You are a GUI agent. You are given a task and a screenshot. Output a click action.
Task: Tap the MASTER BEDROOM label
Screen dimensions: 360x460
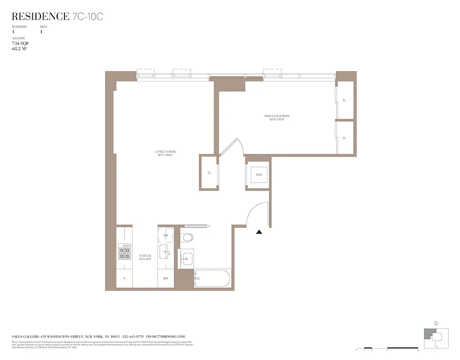tap(277, 117)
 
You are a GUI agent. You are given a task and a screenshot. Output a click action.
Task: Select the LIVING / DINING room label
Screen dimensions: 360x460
tap(164, 153)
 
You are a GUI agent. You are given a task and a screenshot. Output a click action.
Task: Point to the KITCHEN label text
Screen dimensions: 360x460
tap(145, 257)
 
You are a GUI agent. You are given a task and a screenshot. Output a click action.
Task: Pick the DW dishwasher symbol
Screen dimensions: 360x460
tap(165, 235)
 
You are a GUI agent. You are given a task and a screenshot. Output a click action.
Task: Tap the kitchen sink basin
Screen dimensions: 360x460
tap(165, 252)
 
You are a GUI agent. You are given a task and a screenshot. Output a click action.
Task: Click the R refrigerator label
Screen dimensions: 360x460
tap(124, 279)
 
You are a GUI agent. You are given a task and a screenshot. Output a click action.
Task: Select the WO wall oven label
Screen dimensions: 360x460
tap(165, 279)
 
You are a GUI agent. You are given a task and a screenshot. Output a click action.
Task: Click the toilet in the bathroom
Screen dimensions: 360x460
tap(188, 237)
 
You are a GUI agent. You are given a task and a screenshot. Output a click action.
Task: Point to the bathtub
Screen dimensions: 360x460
tap(212, 279)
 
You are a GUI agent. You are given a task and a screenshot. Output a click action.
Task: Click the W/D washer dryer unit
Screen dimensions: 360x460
tap(259, 175)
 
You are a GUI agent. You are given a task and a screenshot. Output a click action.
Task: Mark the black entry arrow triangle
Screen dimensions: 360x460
tap(259, 232)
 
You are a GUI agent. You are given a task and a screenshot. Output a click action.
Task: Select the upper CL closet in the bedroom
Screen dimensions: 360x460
tap(344, 100)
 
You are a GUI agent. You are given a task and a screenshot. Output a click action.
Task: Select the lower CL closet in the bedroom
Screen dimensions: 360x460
tap(344, 138)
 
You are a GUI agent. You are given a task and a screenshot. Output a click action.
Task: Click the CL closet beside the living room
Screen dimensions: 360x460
tap(209, 172)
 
